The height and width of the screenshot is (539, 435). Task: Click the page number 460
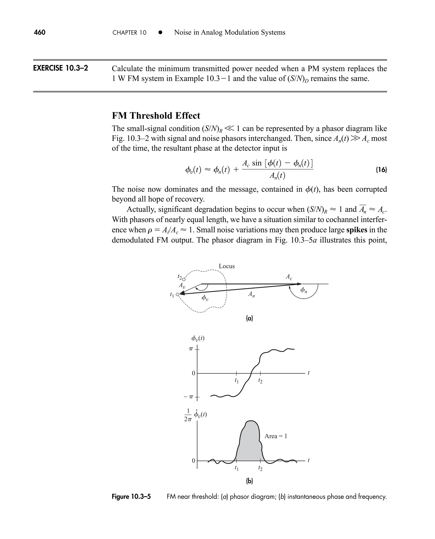pyautogui.click(x=40, y=32)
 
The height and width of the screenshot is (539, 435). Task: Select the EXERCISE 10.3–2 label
pyautogui.click(x=60, y=68)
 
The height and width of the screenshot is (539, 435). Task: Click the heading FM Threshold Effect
pyautogui.click(x=156, y=116)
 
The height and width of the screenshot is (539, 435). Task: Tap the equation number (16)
pyautogui.click(x=381, y=170)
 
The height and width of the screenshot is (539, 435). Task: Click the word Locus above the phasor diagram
pyautogui.click(x=226, y=266)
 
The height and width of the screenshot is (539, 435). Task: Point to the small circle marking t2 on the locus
pyautogui.click(x=184, y=279)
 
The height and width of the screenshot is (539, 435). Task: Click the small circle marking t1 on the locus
pyautogui.click(x=177, y=294)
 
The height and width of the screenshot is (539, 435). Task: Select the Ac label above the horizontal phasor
pyautogui.click(x=289, y=277)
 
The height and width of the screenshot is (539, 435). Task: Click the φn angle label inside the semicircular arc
pyautogui.click(x=304, y=290)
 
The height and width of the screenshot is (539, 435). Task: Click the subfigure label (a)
pyautogui.click(x=249, y=319)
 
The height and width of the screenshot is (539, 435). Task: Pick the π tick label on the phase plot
pyautogui.click(x=191, y=349)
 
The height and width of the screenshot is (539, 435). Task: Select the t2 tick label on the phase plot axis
pyautogui.click(x=260, y=381)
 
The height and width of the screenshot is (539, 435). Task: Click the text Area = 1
pyautogui.click(x=276, y=436)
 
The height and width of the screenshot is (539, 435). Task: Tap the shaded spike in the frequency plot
pyautogui.click(x=249, y=444)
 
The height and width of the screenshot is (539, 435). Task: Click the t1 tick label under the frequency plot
pyautogui.click(x=236, y=468)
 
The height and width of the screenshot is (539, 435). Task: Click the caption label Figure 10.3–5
pyautogui.click(x=131, y=497)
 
